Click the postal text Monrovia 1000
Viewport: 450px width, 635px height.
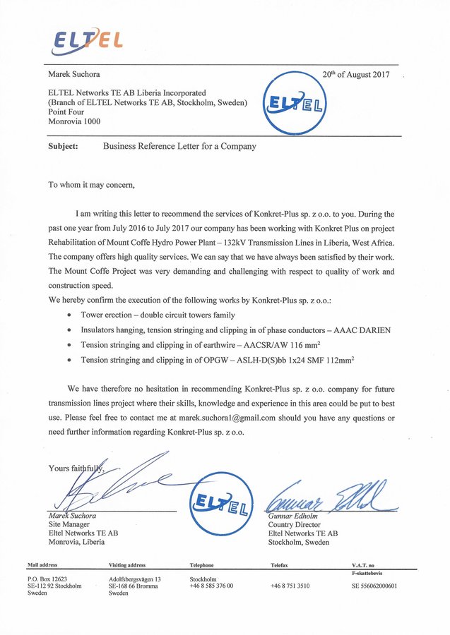(74, 121)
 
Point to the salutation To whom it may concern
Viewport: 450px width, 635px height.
(90, 186)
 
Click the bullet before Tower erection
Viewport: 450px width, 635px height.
(69, 315)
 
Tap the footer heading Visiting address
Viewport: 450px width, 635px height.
(127, 565)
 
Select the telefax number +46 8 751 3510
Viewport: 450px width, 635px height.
(290, 586)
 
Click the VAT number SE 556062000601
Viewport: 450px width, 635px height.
(374, 586)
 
